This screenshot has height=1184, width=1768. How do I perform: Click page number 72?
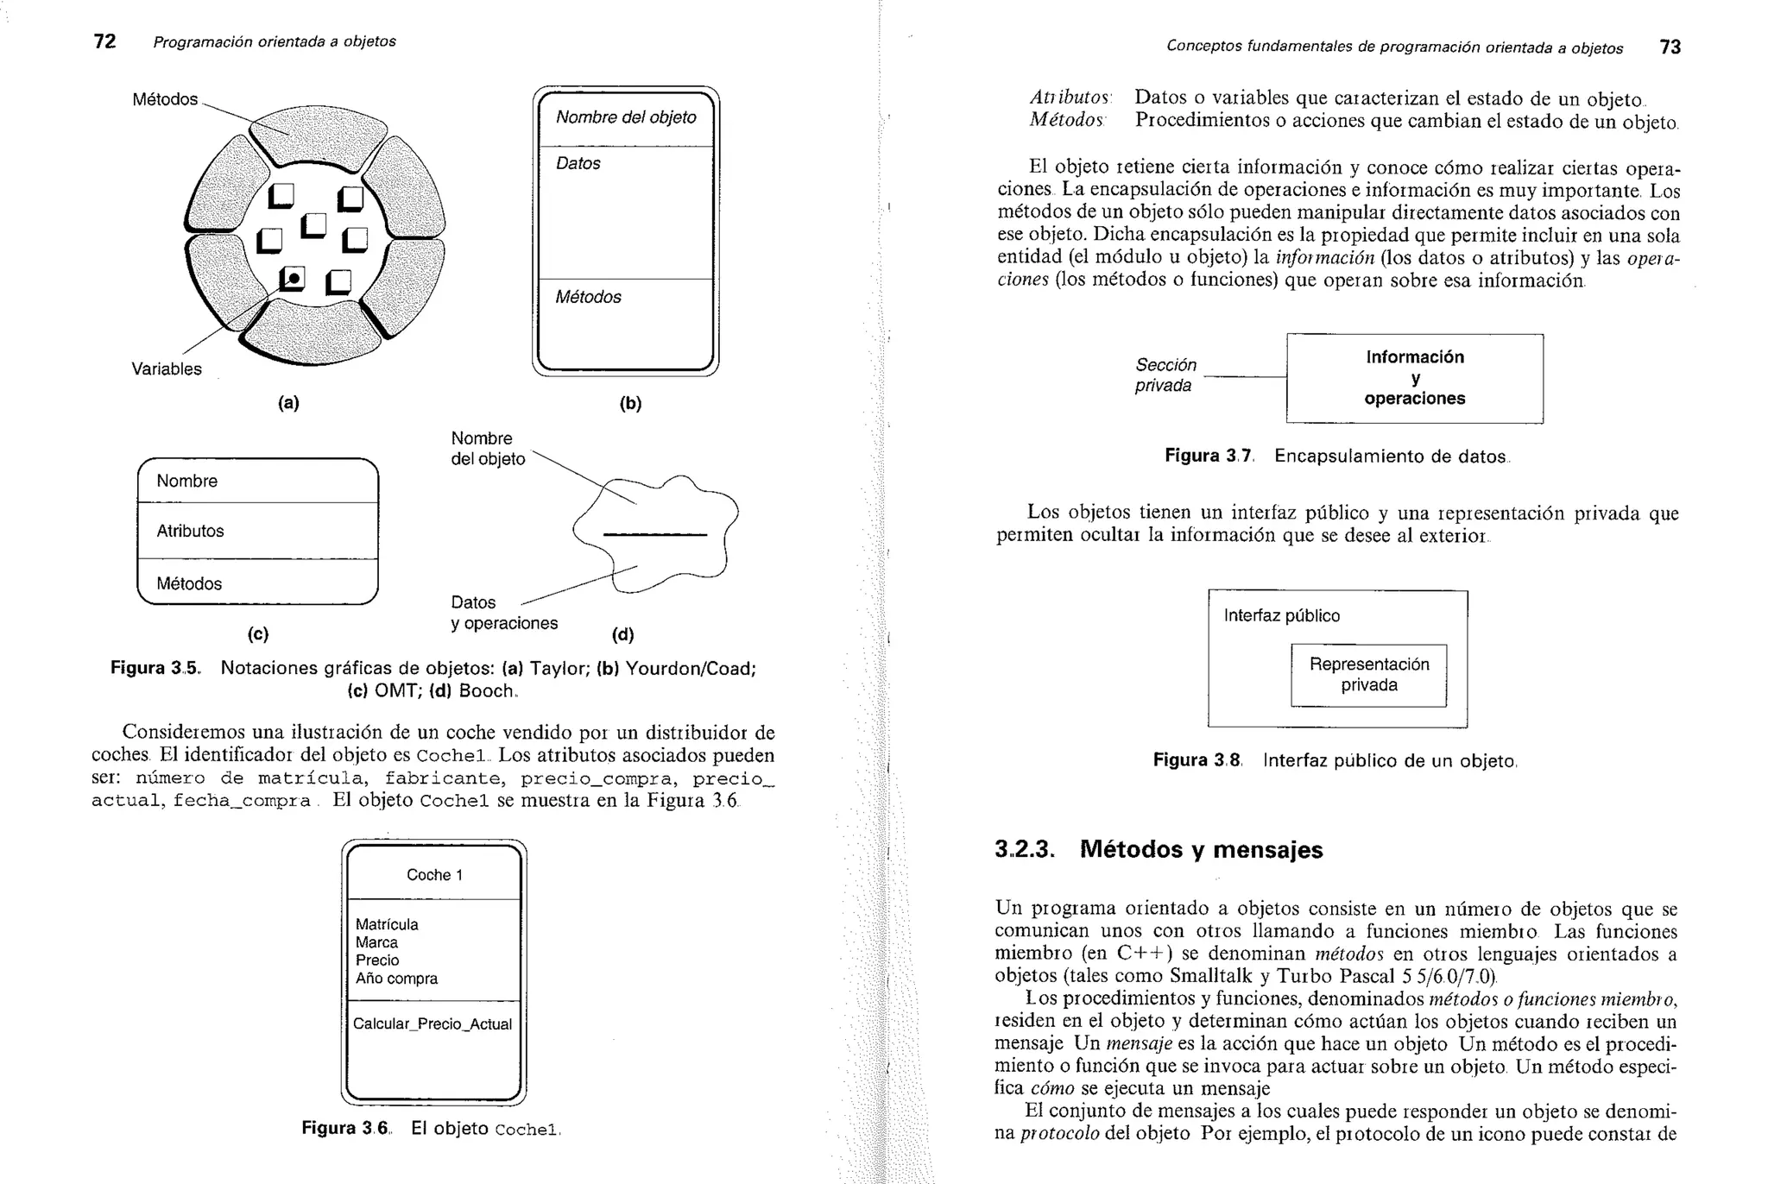104,41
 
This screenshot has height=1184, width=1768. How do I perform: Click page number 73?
1670,47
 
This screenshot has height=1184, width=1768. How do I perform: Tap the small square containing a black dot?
293,278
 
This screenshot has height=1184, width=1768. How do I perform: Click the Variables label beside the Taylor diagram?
167,368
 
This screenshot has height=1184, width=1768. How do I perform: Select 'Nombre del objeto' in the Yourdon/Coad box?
626,117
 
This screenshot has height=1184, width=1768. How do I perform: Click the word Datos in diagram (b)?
578,163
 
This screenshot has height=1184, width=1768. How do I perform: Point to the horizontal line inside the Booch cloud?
654,535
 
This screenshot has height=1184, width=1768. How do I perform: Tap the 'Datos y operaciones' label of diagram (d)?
503,613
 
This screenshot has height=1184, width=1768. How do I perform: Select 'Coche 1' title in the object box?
434,874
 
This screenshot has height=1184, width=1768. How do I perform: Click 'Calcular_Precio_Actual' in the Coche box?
433,1023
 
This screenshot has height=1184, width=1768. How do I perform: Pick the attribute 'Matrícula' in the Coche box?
387,924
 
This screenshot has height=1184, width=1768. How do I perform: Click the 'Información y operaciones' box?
1414,378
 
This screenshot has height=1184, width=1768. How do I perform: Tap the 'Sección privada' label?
1165,375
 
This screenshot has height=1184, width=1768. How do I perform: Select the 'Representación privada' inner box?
1368,675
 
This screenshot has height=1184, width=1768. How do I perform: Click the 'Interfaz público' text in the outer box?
1281,615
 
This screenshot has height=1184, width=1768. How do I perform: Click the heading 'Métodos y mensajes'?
1201,849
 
